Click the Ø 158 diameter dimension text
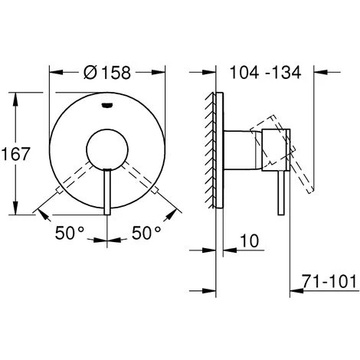click(107, 73)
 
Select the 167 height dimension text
click(16, 154)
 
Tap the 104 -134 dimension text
click(266, 72)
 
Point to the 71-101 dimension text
click(329, 282)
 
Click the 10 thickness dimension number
click(250, 241)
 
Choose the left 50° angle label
click(70, 233)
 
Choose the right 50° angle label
click(146, 233)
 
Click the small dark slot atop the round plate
click(107, 105)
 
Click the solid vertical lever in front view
click(107, 192)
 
